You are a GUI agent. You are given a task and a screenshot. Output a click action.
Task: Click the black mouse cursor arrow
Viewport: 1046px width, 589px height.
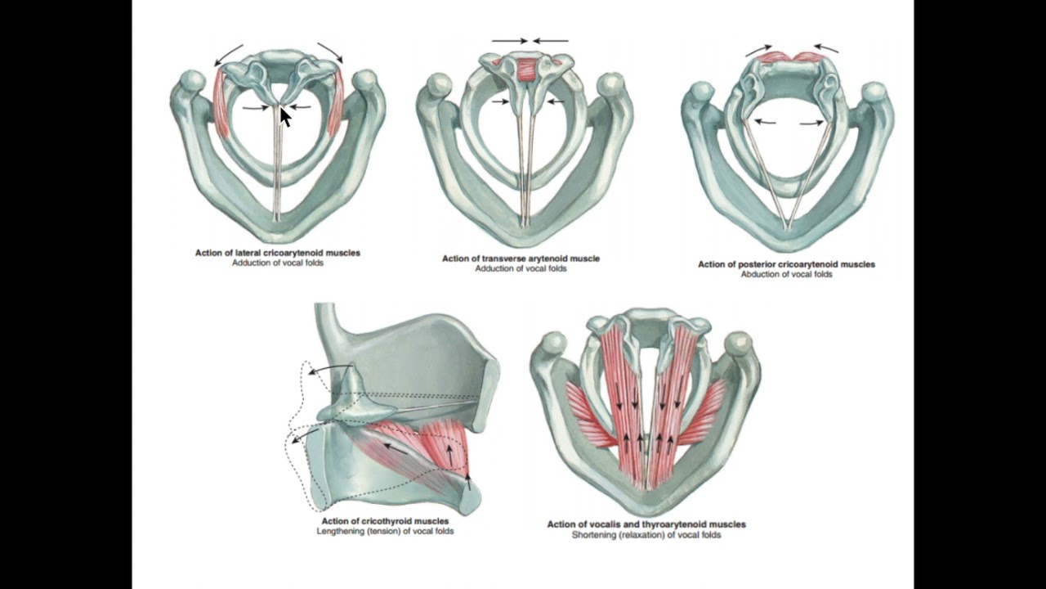285,117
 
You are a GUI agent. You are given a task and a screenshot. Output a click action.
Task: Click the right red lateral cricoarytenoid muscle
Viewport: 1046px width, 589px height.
336,104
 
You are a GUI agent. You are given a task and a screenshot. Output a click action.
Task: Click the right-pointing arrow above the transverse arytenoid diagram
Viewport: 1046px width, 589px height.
509,41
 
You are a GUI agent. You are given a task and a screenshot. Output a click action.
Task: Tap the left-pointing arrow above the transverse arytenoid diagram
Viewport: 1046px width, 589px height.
551,41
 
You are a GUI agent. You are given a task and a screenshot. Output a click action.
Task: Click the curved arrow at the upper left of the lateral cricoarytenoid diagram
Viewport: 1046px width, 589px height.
227,54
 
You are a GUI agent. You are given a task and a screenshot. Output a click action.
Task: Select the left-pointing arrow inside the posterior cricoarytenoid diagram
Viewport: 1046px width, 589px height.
766,122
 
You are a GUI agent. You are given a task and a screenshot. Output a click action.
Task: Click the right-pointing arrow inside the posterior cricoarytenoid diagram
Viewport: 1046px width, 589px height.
812,123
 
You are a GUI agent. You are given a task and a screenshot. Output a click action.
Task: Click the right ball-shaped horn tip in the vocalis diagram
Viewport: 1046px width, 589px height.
738,344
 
